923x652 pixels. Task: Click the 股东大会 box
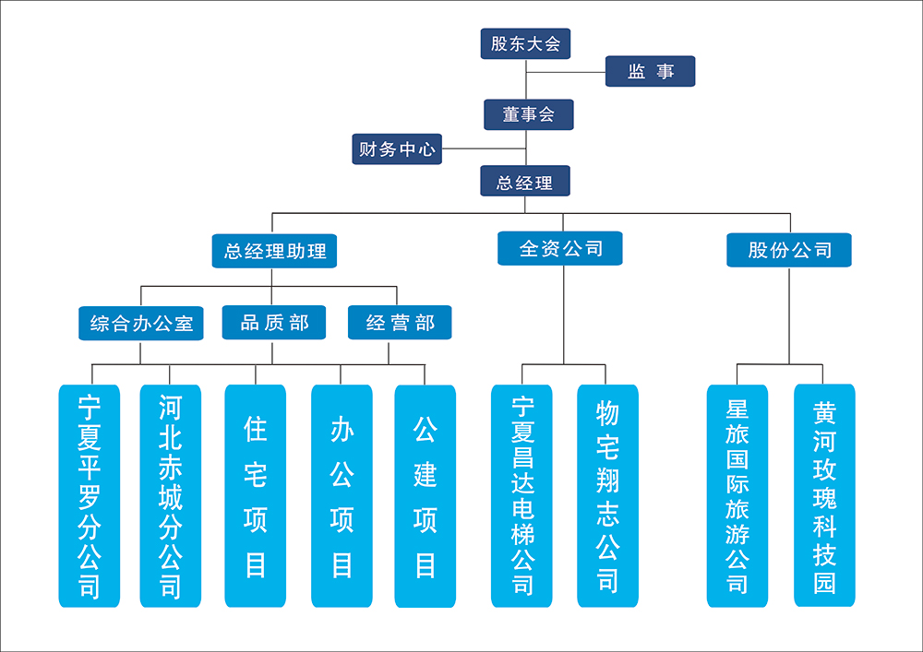pyautogui.click(x=525, y=43)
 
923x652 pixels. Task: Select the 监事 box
pyautogui.click(x=650, y=72)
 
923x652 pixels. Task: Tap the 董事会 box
pyautogui.click(x=528, y=114)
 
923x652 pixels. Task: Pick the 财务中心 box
pyautogui.click(x=397, y=148)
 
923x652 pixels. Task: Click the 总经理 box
pyautogui.click(x=524, y=182)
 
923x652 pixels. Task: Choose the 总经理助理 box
pyautogui.click(x=274, y=250)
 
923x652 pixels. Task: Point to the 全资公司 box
pyautogui.click(x=560, y=248)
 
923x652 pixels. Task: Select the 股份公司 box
pyautogui.click(x=789, y=250)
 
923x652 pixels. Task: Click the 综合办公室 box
pyautogui.click(x=141, y=324)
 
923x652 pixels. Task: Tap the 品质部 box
pyautogui.click(x=274, y=323)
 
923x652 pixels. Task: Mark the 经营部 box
pyautogui.click(x=400, y=323)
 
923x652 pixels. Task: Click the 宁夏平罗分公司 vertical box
pyautogui.click(x=90, y=496)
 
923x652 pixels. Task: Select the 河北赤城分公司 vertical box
pyautogui.click(x=171, y=496)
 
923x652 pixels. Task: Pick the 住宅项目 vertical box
pyautogui.click(x=255, y=496)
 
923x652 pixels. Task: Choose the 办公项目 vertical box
pyautogui.click(x=342, y=496)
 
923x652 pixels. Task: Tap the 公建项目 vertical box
pyautogui.click(x=425, y=496)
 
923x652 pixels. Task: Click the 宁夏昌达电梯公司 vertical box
pyautogui.click(x=521, y=496)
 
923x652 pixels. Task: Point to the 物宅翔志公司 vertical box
pyautogui.click(x=607, y=496)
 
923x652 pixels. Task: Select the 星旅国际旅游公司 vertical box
pyautogui.click(x=737, y=496)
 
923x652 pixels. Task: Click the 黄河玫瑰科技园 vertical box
pyautogui.click(x=824, y=496)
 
